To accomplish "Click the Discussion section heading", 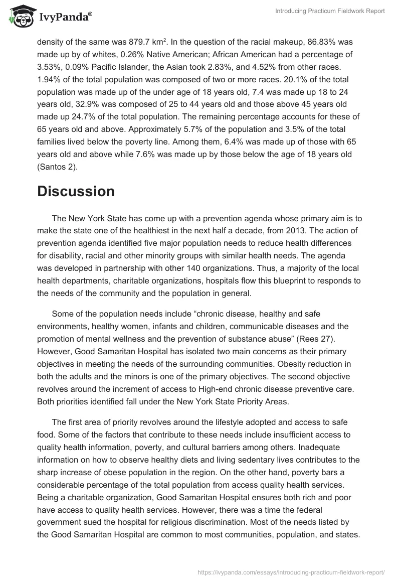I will coord(76,191).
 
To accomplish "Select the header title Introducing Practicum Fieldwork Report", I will coord(330,12).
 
